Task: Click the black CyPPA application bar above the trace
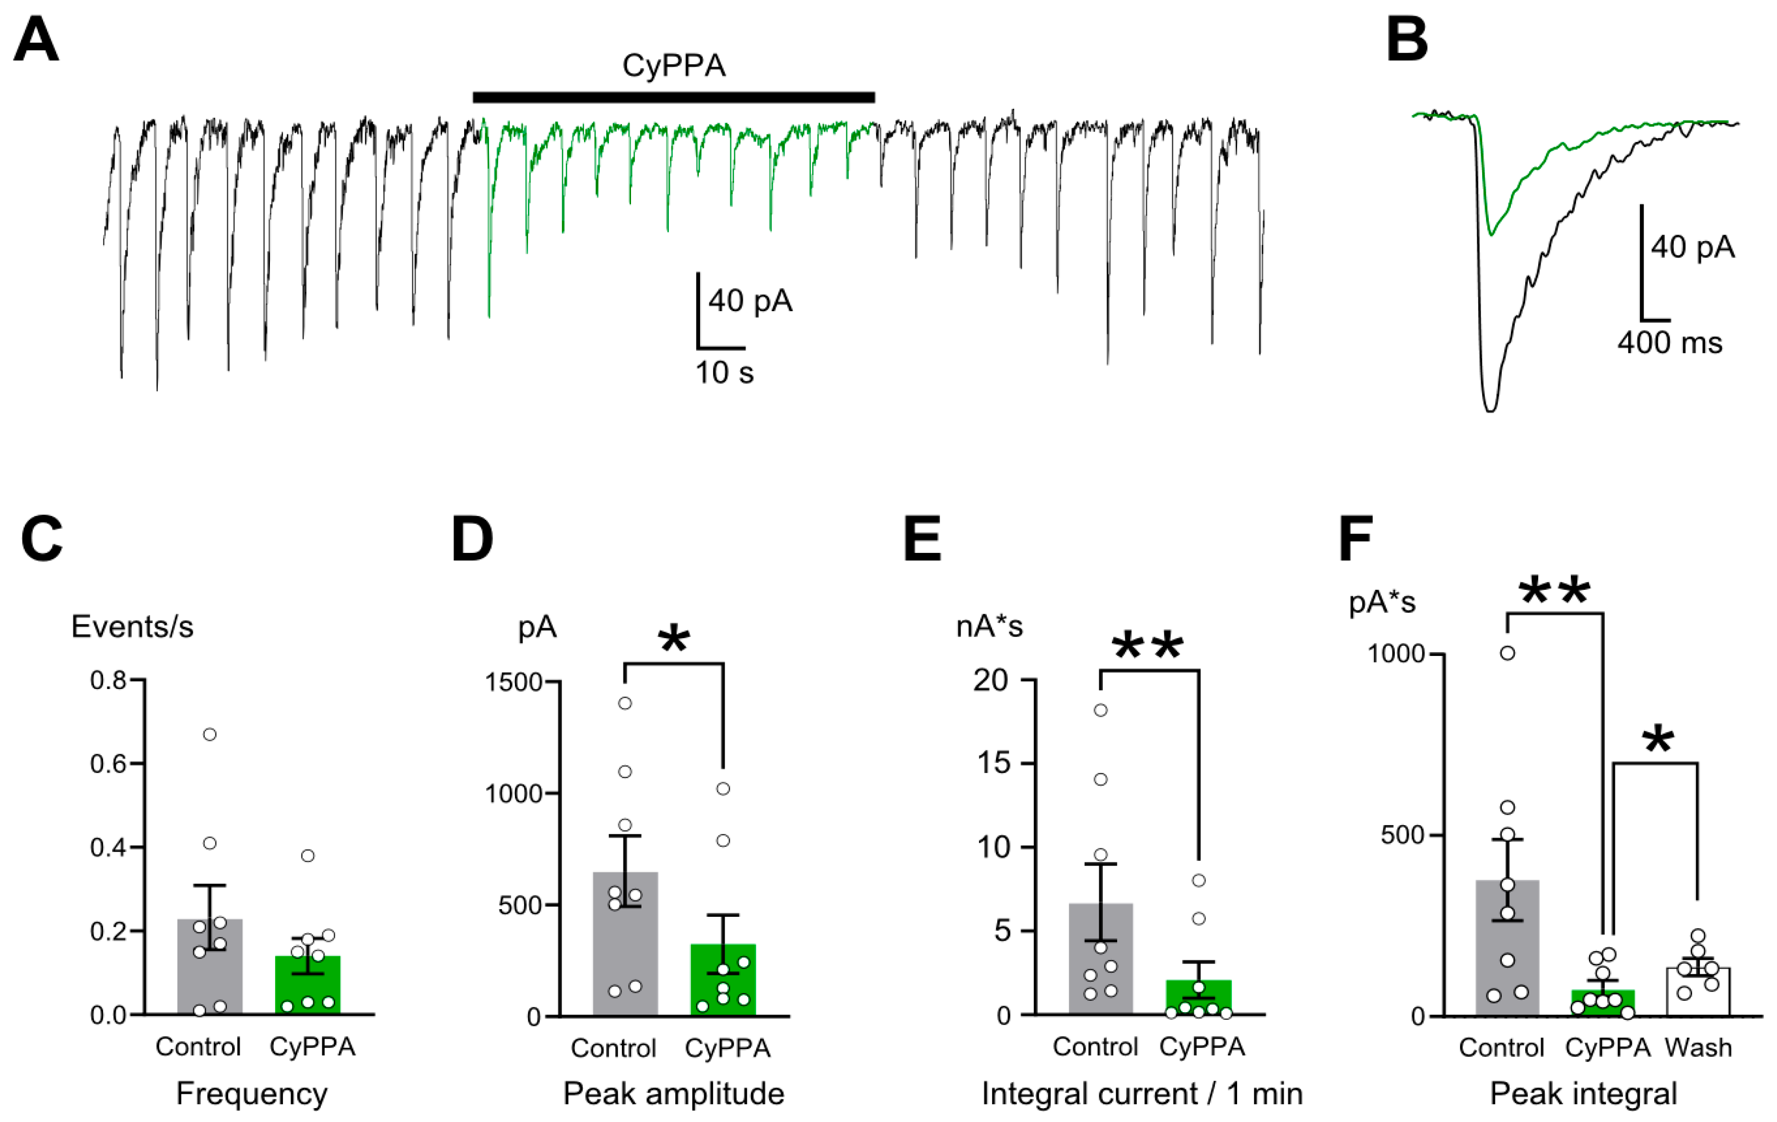[673, 97]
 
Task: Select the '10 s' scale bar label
[724, 373]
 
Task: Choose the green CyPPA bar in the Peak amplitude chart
[723, 980]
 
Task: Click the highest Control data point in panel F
[1507, 653]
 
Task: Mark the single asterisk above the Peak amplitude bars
[674, 639]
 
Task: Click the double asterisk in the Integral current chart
[1147, 647]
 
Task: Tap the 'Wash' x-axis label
[1697, 1048]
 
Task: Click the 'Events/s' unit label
[132, 627]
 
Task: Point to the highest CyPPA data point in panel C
[308, 855]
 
